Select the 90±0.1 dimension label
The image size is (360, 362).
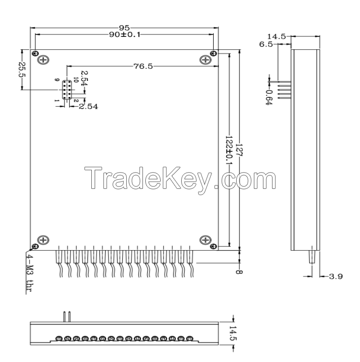[x=125, y=35]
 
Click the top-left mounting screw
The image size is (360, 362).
[x=44, y=60]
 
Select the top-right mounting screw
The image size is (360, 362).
[x=206, y=60]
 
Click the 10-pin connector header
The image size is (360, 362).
[x=67, y=90]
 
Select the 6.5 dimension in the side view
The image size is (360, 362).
[x=266, y=44]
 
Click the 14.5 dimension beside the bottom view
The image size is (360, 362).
[x=233, y=334]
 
